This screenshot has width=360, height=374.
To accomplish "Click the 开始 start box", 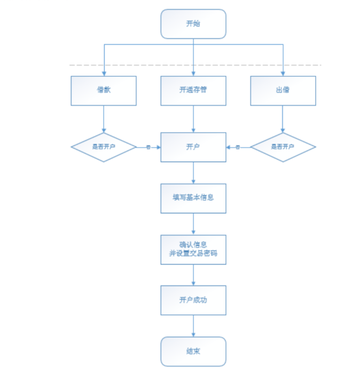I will [x=193, y=24].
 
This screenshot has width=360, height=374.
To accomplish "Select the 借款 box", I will [x=104, y=90].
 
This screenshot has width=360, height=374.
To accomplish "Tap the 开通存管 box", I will [x=193, y=90].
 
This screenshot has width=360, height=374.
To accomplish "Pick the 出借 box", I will [x=283, y=90].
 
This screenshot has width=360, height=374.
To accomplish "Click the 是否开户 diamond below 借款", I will [x=104, y=147].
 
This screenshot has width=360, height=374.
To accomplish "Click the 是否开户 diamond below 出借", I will [x=283, y=147].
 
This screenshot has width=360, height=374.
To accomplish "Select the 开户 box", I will [x=193, y=147].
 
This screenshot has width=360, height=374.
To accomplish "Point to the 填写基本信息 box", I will [x=193, y=198].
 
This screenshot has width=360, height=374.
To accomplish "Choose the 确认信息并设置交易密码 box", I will [x=193, y=249].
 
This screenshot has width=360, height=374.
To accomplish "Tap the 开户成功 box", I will [x=193, y=300].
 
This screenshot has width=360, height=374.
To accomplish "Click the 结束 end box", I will [x=193, y=351].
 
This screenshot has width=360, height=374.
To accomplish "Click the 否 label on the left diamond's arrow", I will [x=148, y=147].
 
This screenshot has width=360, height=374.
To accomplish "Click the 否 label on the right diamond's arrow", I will [x=238, y=147].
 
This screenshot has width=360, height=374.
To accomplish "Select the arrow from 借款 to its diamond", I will [x=104, y=118].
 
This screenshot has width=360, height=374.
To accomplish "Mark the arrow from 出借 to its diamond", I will [x=283, y=118].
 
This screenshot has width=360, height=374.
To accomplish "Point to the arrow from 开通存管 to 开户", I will [x=193, y=118].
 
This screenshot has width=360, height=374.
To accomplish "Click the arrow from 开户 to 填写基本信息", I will [x=193, y=173].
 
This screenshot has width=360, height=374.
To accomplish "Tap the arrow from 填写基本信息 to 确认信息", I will [x=193, y=224].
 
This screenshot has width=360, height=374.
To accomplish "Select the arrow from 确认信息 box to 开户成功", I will [x=193, y=275].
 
